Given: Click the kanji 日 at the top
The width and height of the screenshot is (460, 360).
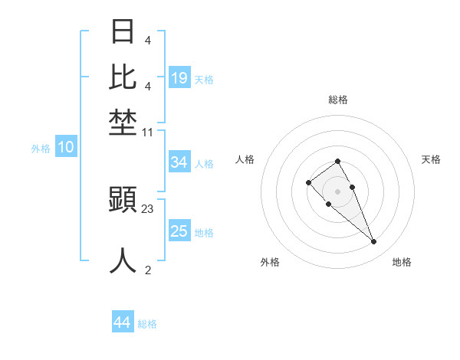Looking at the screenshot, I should coord(123,31).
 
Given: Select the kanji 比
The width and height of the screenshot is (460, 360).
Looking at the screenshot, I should coord(123,77).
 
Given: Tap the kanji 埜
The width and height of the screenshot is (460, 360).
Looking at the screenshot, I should coord(123,123).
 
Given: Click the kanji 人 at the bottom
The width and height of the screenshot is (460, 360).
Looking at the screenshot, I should coord(123,260).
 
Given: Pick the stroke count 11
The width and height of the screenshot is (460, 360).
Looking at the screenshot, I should coord(148,133).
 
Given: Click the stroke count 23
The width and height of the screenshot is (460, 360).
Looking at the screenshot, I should coord(148,208).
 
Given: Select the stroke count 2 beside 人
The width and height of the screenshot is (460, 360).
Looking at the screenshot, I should coord(148,270).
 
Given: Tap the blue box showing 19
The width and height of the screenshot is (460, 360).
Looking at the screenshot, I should coord(179,78).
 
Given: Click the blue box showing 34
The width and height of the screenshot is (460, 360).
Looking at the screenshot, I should coord(179,162).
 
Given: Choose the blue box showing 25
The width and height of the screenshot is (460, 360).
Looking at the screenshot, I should coord(179,231).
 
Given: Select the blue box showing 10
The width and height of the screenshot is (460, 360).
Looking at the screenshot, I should coord(66,148).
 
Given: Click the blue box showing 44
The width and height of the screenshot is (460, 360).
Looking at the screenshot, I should coord(123,322).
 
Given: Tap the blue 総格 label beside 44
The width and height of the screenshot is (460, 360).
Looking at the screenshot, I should coord(147,324).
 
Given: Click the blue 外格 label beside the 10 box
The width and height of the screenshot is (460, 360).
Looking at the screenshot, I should coord(41,149).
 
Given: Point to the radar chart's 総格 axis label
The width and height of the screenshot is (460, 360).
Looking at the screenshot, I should coord(338,100).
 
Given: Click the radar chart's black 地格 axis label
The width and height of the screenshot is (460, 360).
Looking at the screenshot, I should coord(402,262).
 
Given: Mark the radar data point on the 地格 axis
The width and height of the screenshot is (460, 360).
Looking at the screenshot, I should coord(374,242).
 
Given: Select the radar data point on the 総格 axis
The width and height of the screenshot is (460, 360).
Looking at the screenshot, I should coord(338,161).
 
